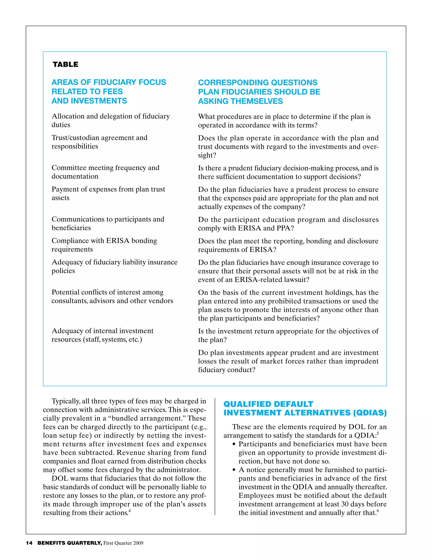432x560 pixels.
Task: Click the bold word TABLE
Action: click(x=65, y=64)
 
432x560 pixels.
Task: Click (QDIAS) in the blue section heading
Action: click(x=370, y=413)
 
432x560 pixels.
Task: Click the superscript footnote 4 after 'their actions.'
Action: click(x=130, y=511)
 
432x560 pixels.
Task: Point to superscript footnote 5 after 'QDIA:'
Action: click(x=378, y=433)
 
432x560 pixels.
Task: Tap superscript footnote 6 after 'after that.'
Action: click(x=378, y=511)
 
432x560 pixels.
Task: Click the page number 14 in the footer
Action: click(x=29, y=543)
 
